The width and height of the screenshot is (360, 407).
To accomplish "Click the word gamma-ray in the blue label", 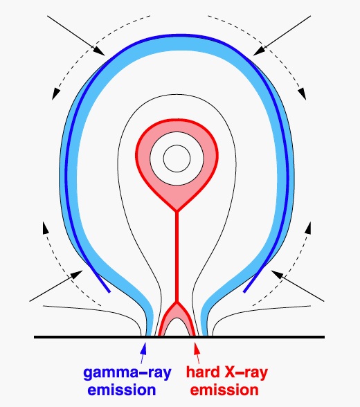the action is pos(127,374).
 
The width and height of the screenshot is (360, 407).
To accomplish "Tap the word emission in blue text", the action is pos(122,390).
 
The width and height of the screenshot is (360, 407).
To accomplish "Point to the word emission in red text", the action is pos(224,390).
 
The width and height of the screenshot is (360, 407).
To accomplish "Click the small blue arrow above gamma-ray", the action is pos(143,353).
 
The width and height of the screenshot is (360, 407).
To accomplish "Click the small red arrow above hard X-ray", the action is pos(197,353).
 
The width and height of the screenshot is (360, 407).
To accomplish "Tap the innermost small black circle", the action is pos(177,159).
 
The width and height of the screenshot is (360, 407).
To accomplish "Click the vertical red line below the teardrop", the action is pos(177,257).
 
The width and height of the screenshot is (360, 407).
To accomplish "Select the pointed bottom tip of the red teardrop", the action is pos(177,210).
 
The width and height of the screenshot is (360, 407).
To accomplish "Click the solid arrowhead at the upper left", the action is pos(99,51).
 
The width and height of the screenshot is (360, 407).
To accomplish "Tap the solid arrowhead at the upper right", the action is pos(259,51).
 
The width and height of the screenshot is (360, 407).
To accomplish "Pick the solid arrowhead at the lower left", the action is pos(77,274).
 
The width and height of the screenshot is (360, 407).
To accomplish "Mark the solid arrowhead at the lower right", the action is pos(277,274).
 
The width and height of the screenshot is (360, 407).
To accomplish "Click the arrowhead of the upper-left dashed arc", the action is pos(55,94).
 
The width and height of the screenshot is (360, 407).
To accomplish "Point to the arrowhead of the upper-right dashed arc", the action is pos(302,94).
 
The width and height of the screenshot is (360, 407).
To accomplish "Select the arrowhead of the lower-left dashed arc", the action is pos(46,228).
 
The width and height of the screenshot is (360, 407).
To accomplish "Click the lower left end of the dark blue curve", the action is pos(109,292).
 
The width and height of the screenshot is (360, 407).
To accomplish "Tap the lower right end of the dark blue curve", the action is pos(244,292).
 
